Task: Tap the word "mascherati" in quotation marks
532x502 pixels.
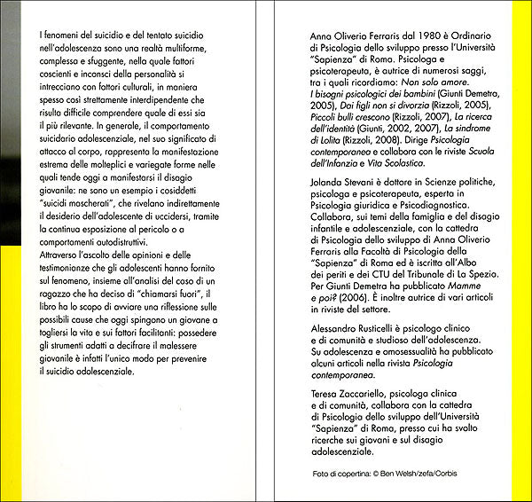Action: [90, 217]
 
